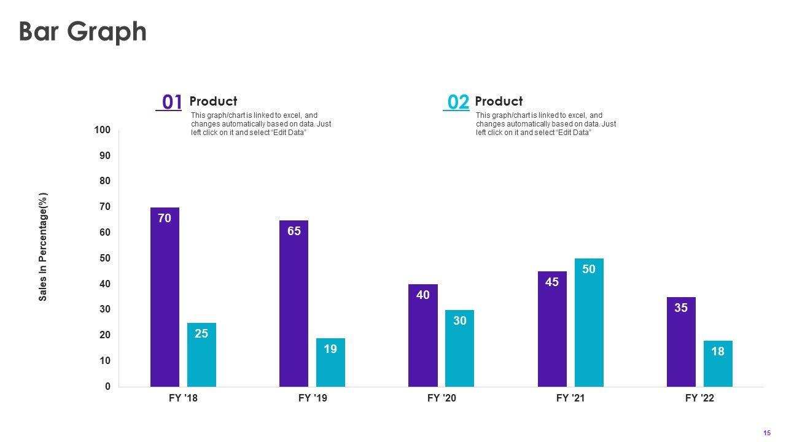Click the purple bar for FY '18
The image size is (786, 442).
(x=165, y=297)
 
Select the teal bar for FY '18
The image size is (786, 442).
(x=201, y=355)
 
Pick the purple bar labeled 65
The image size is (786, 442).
(x=294, y=303)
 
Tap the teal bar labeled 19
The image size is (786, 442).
(x=330, y=362)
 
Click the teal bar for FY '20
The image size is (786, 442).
(x=459, y=348)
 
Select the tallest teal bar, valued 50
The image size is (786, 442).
(x=589, y=322)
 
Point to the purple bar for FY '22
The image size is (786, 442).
(x=681, y=342)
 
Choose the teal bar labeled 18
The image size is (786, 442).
(x=718, y=363)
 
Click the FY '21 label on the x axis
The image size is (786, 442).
(x=570, y=398)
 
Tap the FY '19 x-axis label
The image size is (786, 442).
(x=313, y=398)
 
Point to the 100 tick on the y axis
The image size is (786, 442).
(x=103, y=130)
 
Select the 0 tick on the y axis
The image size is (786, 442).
(x=107, y=387)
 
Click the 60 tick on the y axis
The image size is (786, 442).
(x=105, y=233)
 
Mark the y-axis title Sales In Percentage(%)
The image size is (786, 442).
(x=43, y=247)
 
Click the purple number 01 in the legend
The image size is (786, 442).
(x=171, y=102)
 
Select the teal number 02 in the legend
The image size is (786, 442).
(x=457, y=102)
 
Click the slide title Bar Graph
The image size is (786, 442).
(x=83, y=32)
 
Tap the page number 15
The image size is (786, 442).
(x=767, y=433)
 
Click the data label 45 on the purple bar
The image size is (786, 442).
(x=552, y=282)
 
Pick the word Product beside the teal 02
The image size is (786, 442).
(x=499, y=101)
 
